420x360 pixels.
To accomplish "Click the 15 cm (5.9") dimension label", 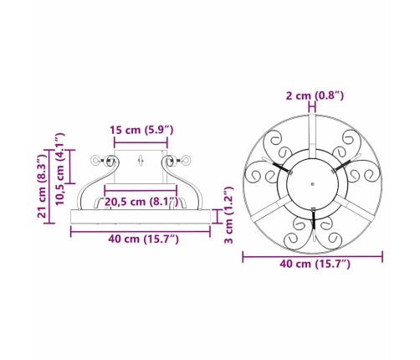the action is click(141, 130).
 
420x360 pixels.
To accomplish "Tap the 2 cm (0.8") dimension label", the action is click(315, 95).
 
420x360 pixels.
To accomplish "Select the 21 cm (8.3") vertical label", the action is click(42, 187).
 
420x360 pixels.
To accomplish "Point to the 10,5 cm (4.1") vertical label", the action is click(60, 169).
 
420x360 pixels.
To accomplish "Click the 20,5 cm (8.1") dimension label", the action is click(141, 202).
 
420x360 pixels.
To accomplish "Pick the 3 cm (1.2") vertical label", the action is click(228, 215).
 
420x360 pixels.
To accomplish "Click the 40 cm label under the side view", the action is click(143, 239).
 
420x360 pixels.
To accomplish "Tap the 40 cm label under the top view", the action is click(315, 264).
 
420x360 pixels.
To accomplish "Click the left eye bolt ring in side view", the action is click(95, 161).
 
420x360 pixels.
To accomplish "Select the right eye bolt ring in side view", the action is click(187, 161).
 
